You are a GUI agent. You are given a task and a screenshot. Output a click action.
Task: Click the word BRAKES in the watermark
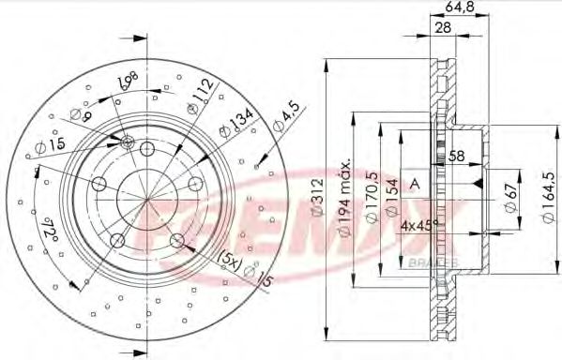tap(433, 262)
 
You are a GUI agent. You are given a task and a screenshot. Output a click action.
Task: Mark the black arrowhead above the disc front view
tap(140, 39)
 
